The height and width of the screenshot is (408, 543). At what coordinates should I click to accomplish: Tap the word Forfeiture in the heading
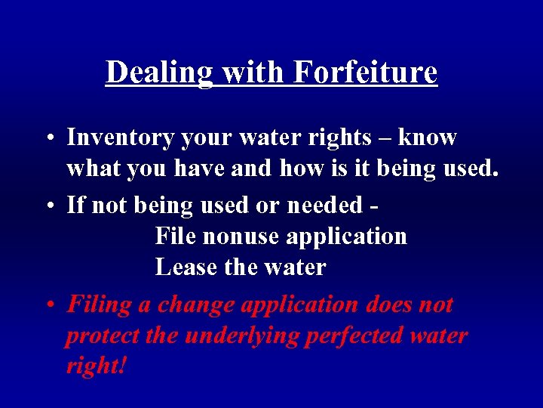[x=365, y=73]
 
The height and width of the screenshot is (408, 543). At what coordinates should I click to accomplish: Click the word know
[x=427, y=138]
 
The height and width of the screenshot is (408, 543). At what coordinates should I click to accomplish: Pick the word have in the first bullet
[x=198, y=168]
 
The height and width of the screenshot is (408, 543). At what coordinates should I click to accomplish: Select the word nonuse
[x=240, y=236]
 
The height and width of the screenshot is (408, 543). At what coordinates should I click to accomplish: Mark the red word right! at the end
[x=96, y=366]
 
